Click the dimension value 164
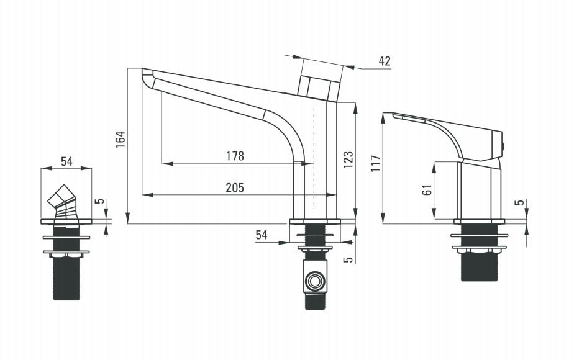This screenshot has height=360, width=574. [121, 140]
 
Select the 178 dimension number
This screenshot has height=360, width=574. [235, 156]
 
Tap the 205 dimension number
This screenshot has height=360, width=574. [235, 187]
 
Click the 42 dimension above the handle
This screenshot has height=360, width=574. [385, 61]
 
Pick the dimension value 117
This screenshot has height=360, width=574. [376, 163]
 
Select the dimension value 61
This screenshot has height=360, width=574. [427, 190]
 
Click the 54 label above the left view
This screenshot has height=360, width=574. [66, 161]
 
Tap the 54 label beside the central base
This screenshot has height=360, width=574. [262, 235]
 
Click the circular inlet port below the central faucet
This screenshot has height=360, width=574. [315, 282]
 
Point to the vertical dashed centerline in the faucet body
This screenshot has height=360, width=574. [314, 158]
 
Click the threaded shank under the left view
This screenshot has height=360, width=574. [66, 277]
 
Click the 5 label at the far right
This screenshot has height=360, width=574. [521, 202]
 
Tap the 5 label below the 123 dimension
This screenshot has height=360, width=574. [349, 259]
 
